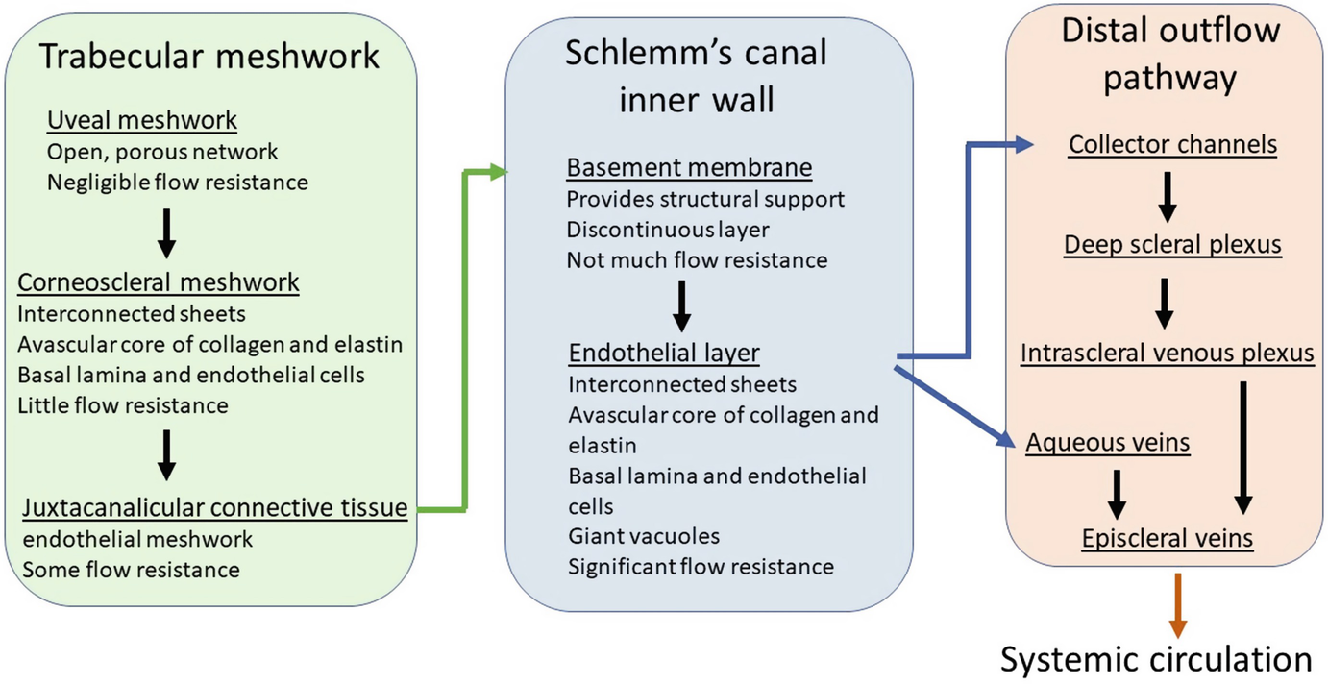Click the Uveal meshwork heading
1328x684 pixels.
142,120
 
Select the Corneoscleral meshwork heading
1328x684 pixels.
159,282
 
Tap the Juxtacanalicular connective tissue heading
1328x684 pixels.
215,507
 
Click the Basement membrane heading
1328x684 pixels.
690,168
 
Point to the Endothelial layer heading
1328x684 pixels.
664,354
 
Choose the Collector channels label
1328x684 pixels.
1172,144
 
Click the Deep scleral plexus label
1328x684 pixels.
1172,244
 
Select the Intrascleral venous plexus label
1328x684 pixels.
1168,354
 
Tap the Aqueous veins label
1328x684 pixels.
1107,443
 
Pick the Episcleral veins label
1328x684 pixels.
1168,539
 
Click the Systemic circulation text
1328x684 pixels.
1156,659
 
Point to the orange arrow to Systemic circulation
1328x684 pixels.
1178,605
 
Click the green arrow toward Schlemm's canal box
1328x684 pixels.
464,340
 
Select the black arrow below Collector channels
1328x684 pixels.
1168,197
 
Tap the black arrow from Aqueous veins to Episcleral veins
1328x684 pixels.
1117,495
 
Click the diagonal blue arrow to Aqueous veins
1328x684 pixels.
954,406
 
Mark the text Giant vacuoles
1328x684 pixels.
644,536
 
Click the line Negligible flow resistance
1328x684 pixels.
177,183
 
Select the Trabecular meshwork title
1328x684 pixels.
209,57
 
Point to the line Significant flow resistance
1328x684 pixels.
701,567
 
